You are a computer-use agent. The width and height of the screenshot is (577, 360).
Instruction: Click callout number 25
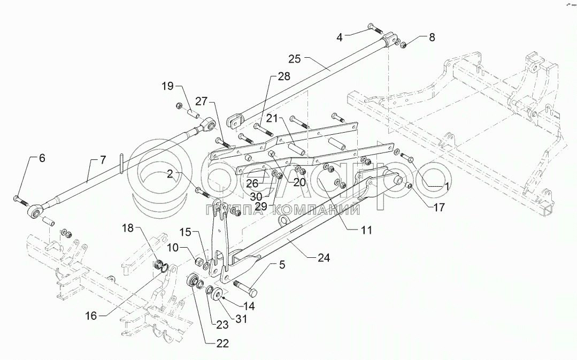(x=295, y=58)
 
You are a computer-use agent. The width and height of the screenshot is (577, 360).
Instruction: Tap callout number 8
(x=432, y=37)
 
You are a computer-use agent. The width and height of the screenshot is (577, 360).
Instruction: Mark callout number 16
(x=90, y=316)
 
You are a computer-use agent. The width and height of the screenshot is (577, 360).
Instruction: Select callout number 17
(x=438, y=208)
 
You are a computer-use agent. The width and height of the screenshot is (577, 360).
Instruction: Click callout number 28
(x=283, y=77)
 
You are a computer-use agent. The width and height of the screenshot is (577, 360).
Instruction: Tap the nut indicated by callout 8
(x=403, y=44)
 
